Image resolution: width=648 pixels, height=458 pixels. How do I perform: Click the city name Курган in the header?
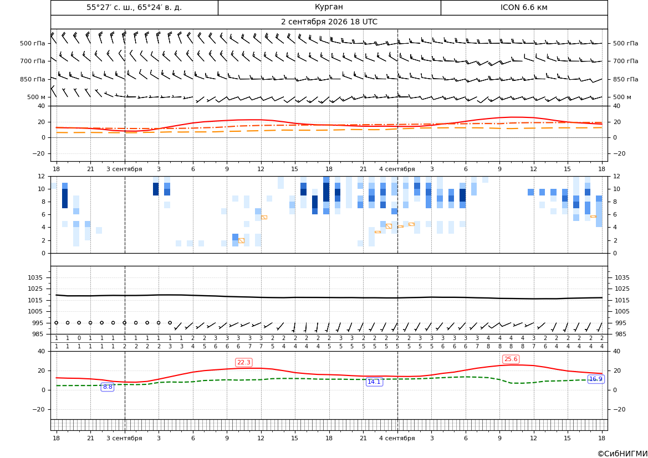pos(329,7)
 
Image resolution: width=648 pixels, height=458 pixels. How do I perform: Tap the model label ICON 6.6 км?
pos(524,7)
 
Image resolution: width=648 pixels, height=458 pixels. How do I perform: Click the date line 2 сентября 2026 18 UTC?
pos(329,22)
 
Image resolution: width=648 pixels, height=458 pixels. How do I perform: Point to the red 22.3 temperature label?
pos(243,362)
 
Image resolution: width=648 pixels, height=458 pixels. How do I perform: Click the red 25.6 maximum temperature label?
pos(511,359)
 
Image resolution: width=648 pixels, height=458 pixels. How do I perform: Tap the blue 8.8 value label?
pos(108,387)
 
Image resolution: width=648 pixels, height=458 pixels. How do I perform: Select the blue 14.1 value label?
pos(374,382)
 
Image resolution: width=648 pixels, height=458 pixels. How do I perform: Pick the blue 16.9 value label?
pos(595,379)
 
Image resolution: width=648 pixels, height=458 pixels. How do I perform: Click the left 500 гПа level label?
pos(33,43)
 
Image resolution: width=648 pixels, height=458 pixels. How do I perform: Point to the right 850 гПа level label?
pos(626,79)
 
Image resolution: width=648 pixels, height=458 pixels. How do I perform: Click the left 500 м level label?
pos(37,97)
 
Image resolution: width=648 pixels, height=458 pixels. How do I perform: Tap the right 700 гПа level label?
pos(626,61)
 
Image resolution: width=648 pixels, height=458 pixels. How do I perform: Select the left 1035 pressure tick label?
pos(33,277)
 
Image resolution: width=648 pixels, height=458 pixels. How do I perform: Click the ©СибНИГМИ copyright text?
pos(623,454)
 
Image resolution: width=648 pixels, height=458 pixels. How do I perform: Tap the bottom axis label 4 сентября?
pos(397,438)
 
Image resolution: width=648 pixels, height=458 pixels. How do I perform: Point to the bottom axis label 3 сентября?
pos(124,438)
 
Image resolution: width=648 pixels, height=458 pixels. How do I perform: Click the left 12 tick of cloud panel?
pos(42,176)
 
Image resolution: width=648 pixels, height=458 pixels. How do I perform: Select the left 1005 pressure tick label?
pos(33,311)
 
